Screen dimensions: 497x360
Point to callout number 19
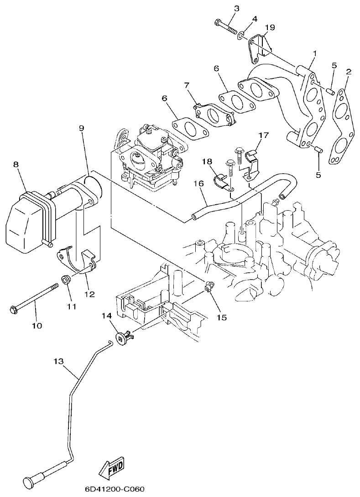[x=270, y=27]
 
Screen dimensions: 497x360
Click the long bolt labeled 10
[x=35, y=298]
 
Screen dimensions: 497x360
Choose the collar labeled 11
[x=66, y=279]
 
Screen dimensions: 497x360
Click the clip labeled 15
[x=209, y=287]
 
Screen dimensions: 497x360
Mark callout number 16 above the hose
[x=197, y=183]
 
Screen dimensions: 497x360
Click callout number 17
[x=264, y=135]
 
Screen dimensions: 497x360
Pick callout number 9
[x=81, y=128]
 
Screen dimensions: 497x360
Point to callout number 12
[x=89, y=294]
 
